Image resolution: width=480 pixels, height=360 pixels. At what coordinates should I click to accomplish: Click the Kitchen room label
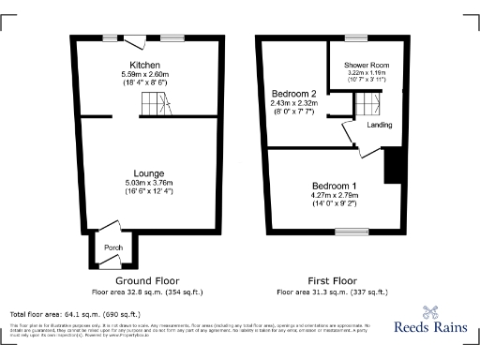point(150,65)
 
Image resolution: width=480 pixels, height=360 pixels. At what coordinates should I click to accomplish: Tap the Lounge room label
point(150,173)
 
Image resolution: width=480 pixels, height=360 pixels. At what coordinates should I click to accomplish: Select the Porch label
point(113,247)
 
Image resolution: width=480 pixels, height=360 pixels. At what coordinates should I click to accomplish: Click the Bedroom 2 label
point(293,94)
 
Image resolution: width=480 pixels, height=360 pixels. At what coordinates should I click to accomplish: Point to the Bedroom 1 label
point(335,185)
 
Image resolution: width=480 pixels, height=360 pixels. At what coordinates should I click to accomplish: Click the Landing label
point(380,125)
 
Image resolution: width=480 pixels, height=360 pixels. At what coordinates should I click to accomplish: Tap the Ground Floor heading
point(147,280)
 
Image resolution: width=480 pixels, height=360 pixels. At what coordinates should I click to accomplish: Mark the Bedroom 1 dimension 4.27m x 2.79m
point(335,195)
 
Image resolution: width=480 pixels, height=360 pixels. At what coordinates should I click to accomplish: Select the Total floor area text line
point(75,313)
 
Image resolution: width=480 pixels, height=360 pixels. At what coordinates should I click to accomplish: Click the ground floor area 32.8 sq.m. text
point(147,292)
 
